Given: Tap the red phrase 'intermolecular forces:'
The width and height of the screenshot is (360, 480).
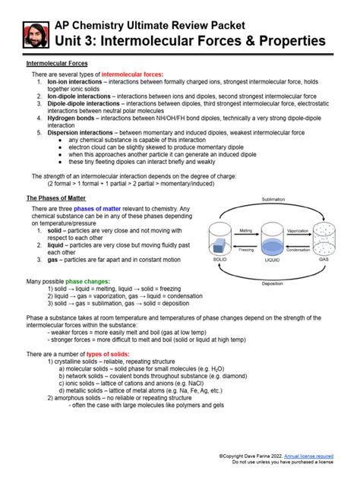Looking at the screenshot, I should pos(132,75).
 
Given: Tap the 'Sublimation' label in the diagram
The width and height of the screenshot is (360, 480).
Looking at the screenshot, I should pos(273,199).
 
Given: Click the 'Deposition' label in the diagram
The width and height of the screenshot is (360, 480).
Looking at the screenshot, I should pos(273,283).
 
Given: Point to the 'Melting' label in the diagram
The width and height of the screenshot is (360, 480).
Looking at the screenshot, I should pos(245,230).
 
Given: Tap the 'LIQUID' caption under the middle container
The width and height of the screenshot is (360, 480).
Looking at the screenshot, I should pos(272,259).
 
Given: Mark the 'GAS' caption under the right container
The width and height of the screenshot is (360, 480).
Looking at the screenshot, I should pos(324,259).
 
